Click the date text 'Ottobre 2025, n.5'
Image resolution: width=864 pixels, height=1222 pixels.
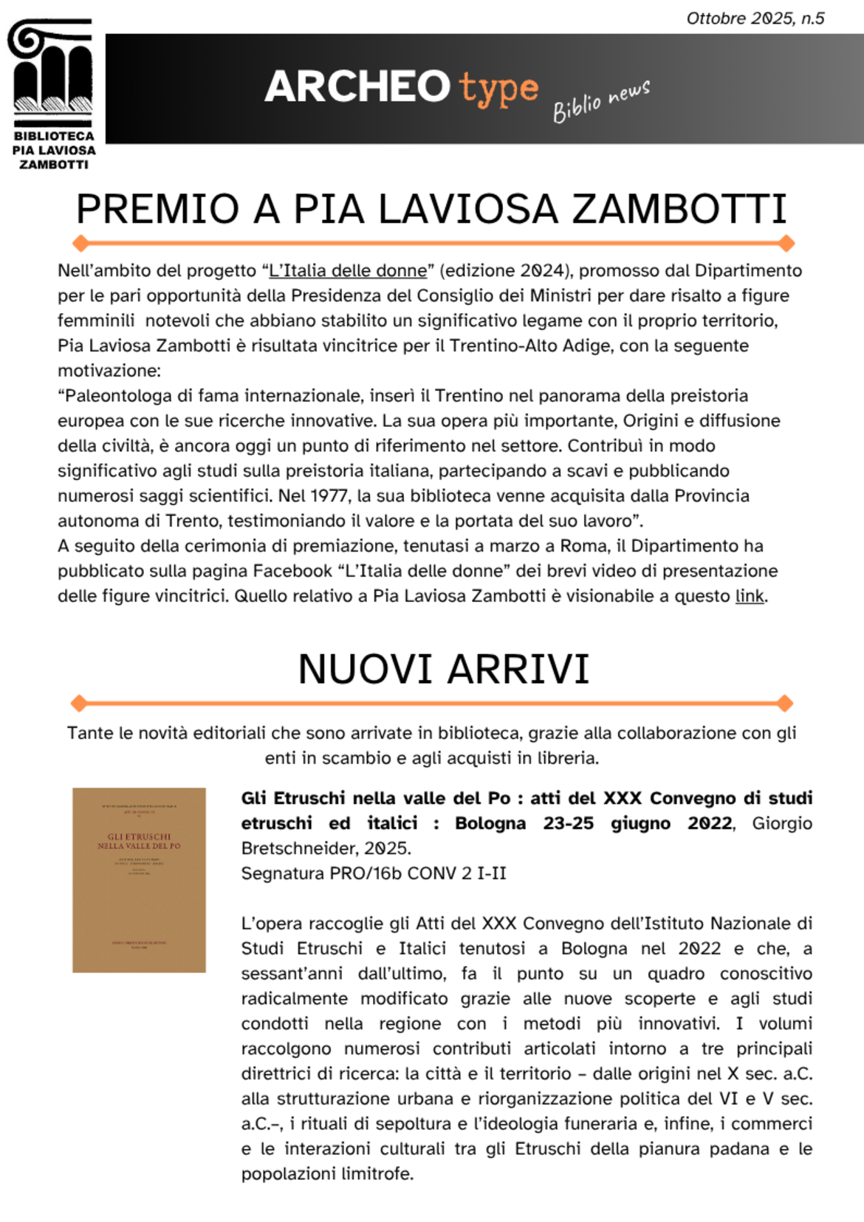(755, 18)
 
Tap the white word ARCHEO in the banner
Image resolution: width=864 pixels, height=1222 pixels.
(357, 86)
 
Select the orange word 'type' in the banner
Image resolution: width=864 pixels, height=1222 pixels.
(498, 89)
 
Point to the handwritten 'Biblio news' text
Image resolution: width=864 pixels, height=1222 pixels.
(601, 101)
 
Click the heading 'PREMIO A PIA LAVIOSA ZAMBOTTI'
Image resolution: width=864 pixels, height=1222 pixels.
(431, 209)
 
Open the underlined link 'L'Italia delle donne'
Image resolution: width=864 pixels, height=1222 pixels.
(348, 271)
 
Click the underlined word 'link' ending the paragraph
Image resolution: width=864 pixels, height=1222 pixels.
(749, 597)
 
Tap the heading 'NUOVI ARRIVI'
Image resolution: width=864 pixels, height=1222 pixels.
(443, 670)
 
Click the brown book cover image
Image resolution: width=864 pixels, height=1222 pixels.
(139, 879)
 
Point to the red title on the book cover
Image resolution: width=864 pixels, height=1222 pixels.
(139, 841)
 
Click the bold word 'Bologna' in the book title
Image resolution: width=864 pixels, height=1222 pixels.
(490, 823)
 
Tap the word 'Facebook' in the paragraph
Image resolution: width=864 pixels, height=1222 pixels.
(292, 571)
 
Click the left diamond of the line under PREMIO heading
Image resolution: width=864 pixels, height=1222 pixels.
(80, 243)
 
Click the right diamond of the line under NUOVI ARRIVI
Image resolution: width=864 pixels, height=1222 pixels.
(785, 703)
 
